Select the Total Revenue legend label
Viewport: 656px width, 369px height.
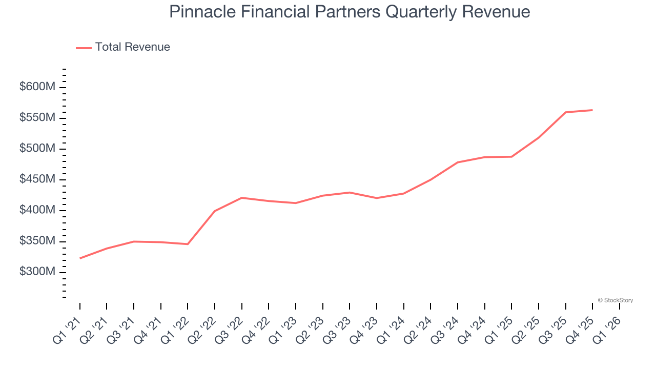132,47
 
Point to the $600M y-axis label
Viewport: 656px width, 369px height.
37,87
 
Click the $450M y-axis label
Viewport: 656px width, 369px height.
37,179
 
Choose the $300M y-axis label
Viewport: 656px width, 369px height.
37,272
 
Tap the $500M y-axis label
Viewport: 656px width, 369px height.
37,149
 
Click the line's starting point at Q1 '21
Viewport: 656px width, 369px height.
80,258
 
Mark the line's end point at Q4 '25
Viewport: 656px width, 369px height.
592,110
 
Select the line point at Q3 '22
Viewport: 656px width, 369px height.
242,198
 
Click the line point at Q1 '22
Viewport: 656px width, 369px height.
188,244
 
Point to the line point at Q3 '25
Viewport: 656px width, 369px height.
565,112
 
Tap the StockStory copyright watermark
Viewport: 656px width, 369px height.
615,300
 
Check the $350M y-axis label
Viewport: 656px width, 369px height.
37,241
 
